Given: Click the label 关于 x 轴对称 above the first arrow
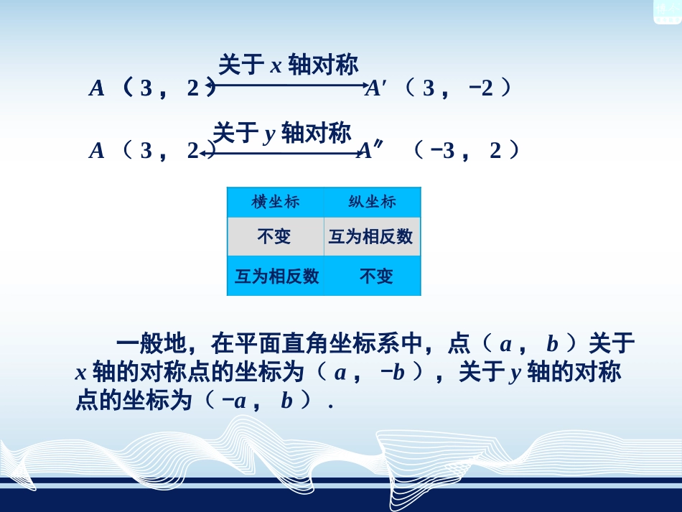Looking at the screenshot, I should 288,66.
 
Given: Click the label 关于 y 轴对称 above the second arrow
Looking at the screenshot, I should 282,133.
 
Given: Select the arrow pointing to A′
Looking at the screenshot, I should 290,87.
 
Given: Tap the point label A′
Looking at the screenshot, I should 376,88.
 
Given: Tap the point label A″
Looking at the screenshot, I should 371,151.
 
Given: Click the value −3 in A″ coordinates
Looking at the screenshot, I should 443,152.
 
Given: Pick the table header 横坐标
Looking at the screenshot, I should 275,202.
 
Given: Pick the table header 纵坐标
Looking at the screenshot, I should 372,202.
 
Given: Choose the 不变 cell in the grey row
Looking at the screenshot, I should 275,236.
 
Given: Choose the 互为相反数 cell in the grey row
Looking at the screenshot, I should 371,236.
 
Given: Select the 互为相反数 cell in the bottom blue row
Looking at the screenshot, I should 276,276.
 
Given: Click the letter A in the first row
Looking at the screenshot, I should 97,88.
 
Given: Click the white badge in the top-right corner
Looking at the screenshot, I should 666,11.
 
